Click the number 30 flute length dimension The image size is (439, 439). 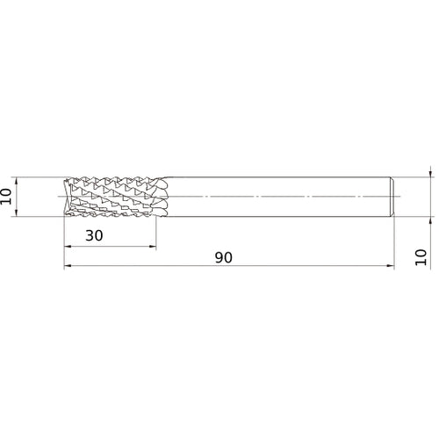[x=94, y=235]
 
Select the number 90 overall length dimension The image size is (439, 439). [x=224, y=257]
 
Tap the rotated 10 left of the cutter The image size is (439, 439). [x=6, y=197]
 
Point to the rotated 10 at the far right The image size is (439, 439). [x=421, y=257]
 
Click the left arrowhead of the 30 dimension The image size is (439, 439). [x=68, y=247]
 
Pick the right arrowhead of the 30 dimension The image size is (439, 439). [x=153, y=247]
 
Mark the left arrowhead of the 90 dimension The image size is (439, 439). [x=68, y=266]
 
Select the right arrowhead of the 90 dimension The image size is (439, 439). [x=391, y=266]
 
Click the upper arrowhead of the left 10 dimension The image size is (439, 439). [x=16, y=181]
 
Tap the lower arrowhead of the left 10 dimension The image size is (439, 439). [x=16, y=213]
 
